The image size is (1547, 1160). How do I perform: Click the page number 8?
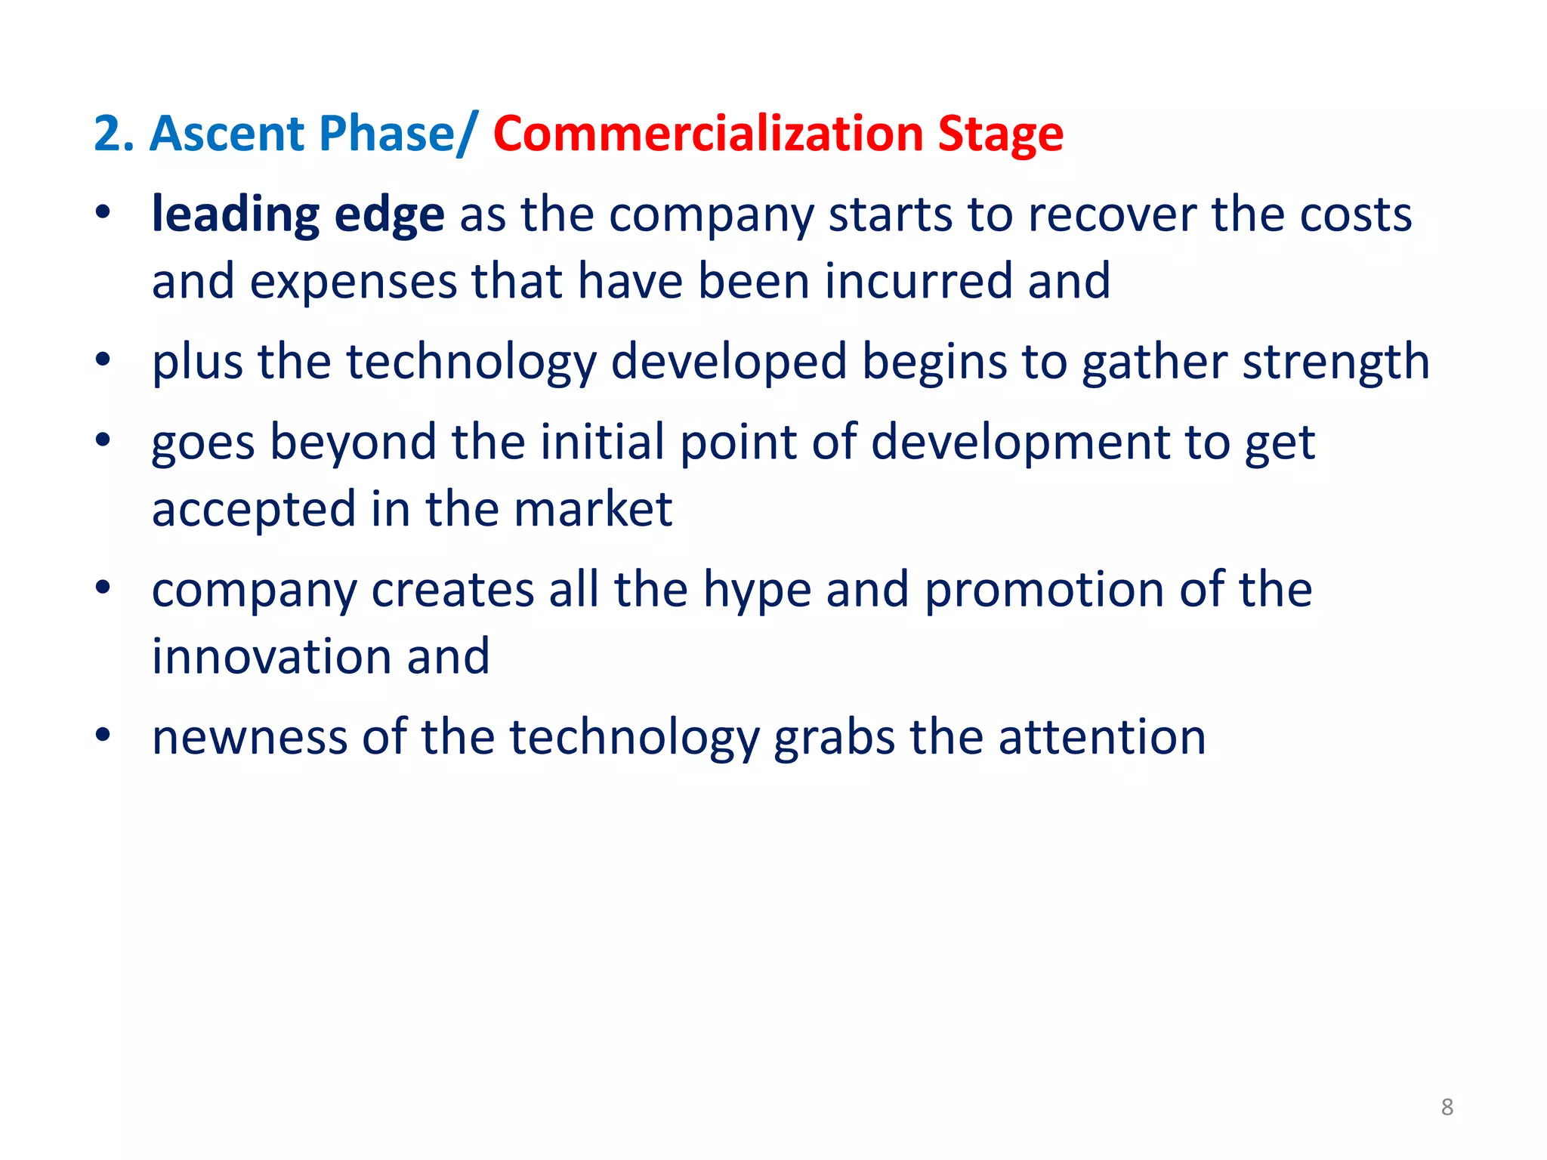coord(1447,1107)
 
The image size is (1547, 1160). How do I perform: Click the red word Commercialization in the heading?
coord(708,134)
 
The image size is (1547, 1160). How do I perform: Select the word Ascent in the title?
coord(227,134)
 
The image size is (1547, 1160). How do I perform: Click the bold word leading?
coord(235,216)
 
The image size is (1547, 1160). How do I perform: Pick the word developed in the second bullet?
coord(728,362)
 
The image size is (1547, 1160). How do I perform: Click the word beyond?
coord(353,443)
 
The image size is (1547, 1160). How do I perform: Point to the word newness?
coord(249,737)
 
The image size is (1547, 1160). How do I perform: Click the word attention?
coord(1102,737)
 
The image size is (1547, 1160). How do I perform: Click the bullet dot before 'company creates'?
coord(103,587)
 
